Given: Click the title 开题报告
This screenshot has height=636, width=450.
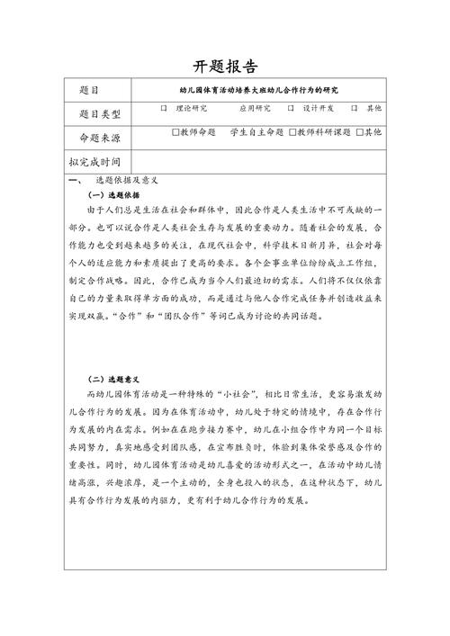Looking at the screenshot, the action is coord(225,67).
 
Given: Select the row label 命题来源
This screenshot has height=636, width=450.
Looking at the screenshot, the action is coord(99,136).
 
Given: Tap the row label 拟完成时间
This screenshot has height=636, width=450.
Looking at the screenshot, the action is coord(99,162).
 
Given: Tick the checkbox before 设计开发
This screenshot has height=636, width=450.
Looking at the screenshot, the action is coord(291,109).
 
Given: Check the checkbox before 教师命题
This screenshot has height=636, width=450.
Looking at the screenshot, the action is coord(175,132).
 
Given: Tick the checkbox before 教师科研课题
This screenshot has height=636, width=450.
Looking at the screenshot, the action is coord(292,132).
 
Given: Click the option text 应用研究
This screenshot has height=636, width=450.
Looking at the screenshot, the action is coord(254,109).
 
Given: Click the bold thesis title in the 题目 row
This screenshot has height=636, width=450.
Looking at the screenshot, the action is coord(264,89).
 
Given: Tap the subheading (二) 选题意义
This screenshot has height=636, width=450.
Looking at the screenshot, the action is coord(112,381).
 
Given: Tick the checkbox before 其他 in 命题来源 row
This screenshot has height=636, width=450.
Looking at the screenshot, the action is coord(359,132).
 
